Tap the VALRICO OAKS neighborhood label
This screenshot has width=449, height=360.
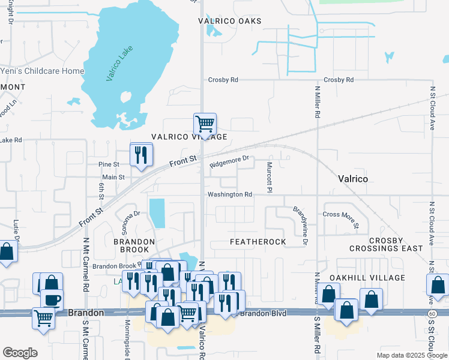coord(230,21)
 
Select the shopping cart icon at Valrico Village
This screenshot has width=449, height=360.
coord(205,124)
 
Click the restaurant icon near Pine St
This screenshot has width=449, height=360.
coord(142,155)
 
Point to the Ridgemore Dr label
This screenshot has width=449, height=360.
coord(229,161)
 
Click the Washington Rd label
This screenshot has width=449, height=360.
coord(230,194)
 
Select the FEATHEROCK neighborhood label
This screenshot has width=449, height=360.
coord(258,242)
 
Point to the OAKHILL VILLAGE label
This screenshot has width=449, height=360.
coord(367,278)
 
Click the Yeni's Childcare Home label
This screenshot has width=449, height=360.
coord(42,71)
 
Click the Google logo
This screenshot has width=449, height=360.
coord(20,353)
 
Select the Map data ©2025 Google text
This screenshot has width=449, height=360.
coord(411,355)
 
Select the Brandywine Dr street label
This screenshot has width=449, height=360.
coord(300,226)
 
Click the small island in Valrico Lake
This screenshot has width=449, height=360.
coord(127,97)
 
